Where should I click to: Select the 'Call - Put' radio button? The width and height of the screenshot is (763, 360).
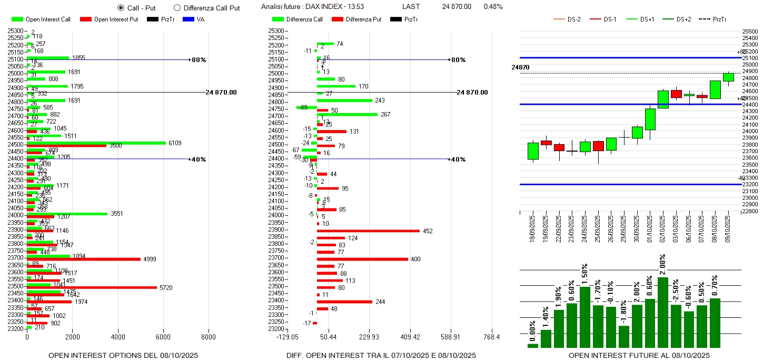(121, 8)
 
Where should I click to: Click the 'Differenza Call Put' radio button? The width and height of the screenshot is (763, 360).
(177, 8)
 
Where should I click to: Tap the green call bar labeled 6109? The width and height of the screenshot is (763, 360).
(96, 143)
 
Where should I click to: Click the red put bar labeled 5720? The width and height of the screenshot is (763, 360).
(92, 287)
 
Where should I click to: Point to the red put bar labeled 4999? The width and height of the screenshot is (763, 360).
(83, 259)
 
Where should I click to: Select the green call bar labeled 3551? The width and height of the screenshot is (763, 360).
(67, 213)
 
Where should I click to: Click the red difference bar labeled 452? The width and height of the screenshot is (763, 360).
(368, 231)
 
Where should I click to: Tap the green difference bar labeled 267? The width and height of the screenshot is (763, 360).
(347, 114)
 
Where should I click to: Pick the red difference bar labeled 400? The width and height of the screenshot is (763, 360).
(362, 259)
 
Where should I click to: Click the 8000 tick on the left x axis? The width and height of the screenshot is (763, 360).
(209, 337)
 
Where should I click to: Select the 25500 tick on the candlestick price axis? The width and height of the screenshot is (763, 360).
(749, 32)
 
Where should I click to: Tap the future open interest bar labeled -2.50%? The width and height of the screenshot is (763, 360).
(676, 326)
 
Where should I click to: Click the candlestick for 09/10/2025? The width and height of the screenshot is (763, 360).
(728, 77)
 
